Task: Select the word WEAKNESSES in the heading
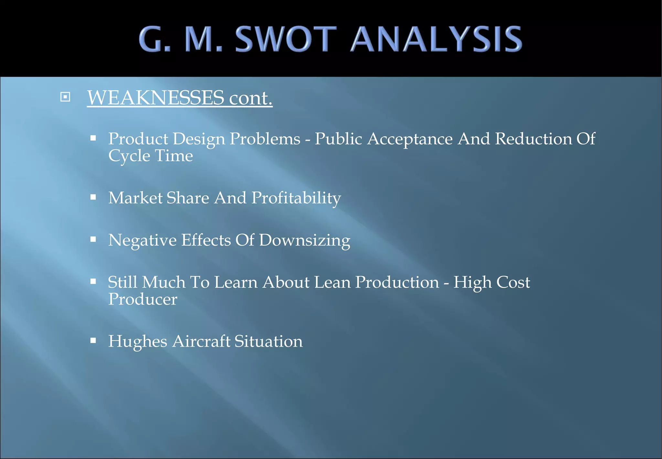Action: point(156,97)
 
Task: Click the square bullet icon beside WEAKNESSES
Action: point(65,97)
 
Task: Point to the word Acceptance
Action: point(410,139)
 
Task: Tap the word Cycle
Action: point(129,156)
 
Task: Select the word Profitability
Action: point(296,198)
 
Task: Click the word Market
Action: point(135,198)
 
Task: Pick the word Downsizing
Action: point(304,241)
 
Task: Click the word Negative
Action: point(143,241)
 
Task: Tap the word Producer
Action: point(143,299)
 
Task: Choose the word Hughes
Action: point(138,342)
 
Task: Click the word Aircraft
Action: point(201,342)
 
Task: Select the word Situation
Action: point(269,342)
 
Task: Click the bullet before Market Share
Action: point(93,197)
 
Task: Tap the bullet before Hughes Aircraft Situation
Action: point(93,341)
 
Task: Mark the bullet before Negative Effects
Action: point(93,239)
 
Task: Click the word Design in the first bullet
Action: point(199,139)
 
